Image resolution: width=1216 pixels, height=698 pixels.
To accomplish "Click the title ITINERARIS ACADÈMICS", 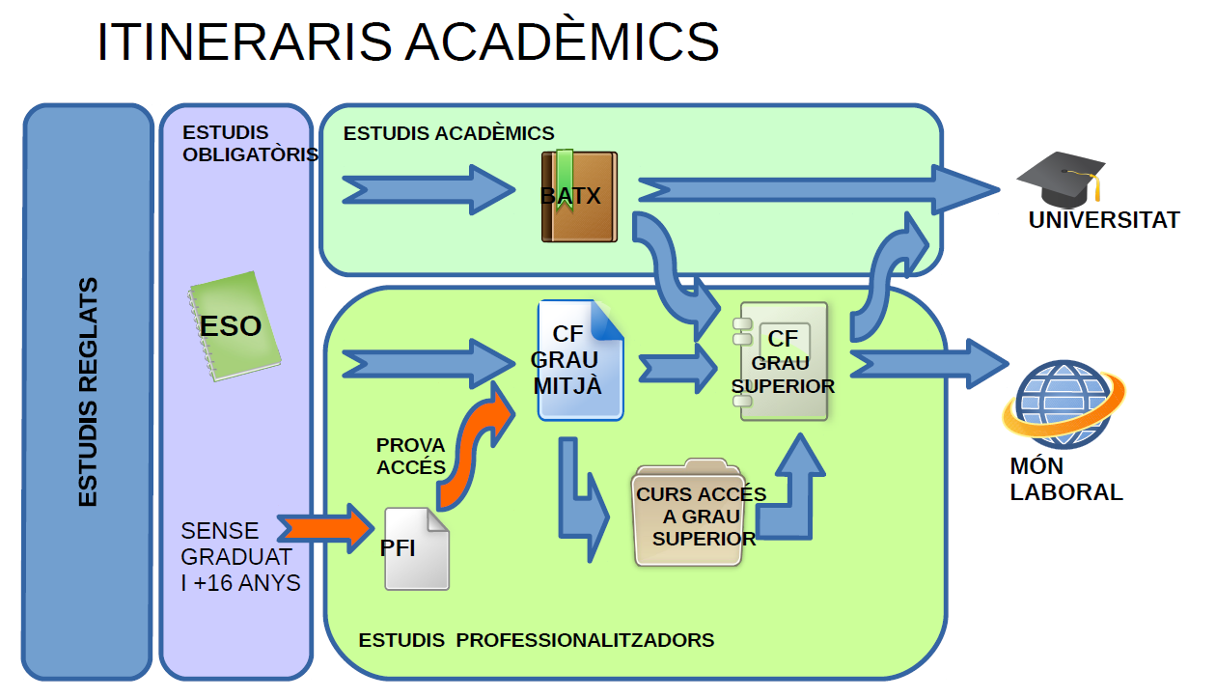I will coord(407,43).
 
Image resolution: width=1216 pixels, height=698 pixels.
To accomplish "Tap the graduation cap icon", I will coord(1061,179).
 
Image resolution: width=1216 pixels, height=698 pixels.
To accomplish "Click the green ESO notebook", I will coord(235,326).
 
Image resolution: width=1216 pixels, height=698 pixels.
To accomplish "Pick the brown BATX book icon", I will coord(578,196).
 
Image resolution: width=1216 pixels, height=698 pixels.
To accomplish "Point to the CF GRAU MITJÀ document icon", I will coord(580,361).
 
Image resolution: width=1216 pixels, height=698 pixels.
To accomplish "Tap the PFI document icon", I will coord(417,547).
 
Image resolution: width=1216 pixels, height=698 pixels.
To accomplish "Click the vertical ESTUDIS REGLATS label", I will coord(88,392).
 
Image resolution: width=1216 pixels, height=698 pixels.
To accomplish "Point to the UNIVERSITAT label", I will coord(1103,220).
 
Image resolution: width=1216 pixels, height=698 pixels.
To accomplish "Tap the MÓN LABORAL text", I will coord(1065,480).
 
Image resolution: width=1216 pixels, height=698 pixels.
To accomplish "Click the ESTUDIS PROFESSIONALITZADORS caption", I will coord(536,640).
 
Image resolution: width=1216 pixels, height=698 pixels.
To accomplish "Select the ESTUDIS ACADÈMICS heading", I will coord(449,133).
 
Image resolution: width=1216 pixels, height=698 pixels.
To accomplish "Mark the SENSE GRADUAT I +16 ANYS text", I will coord(239,557).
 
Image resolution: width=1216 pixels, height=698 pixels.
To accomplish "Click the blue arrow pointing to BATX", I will coord(428,189).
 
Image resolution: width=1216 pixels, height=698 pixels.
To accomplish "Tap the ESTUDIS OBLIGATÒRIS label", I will coord(249,144).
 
